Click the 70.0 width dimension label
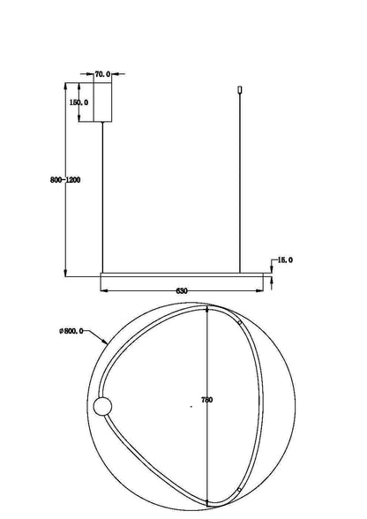102,74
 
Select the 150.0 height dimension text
79,102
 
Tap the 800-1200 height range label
65,180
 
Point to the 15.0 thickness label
285,259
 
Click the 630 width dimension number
182,291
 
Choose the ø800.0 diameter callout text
71,331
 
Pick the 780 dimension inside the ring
206,400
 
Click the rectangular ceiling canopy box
102,102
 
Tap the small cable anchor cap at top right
240,89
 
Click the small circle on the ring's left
102,406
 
